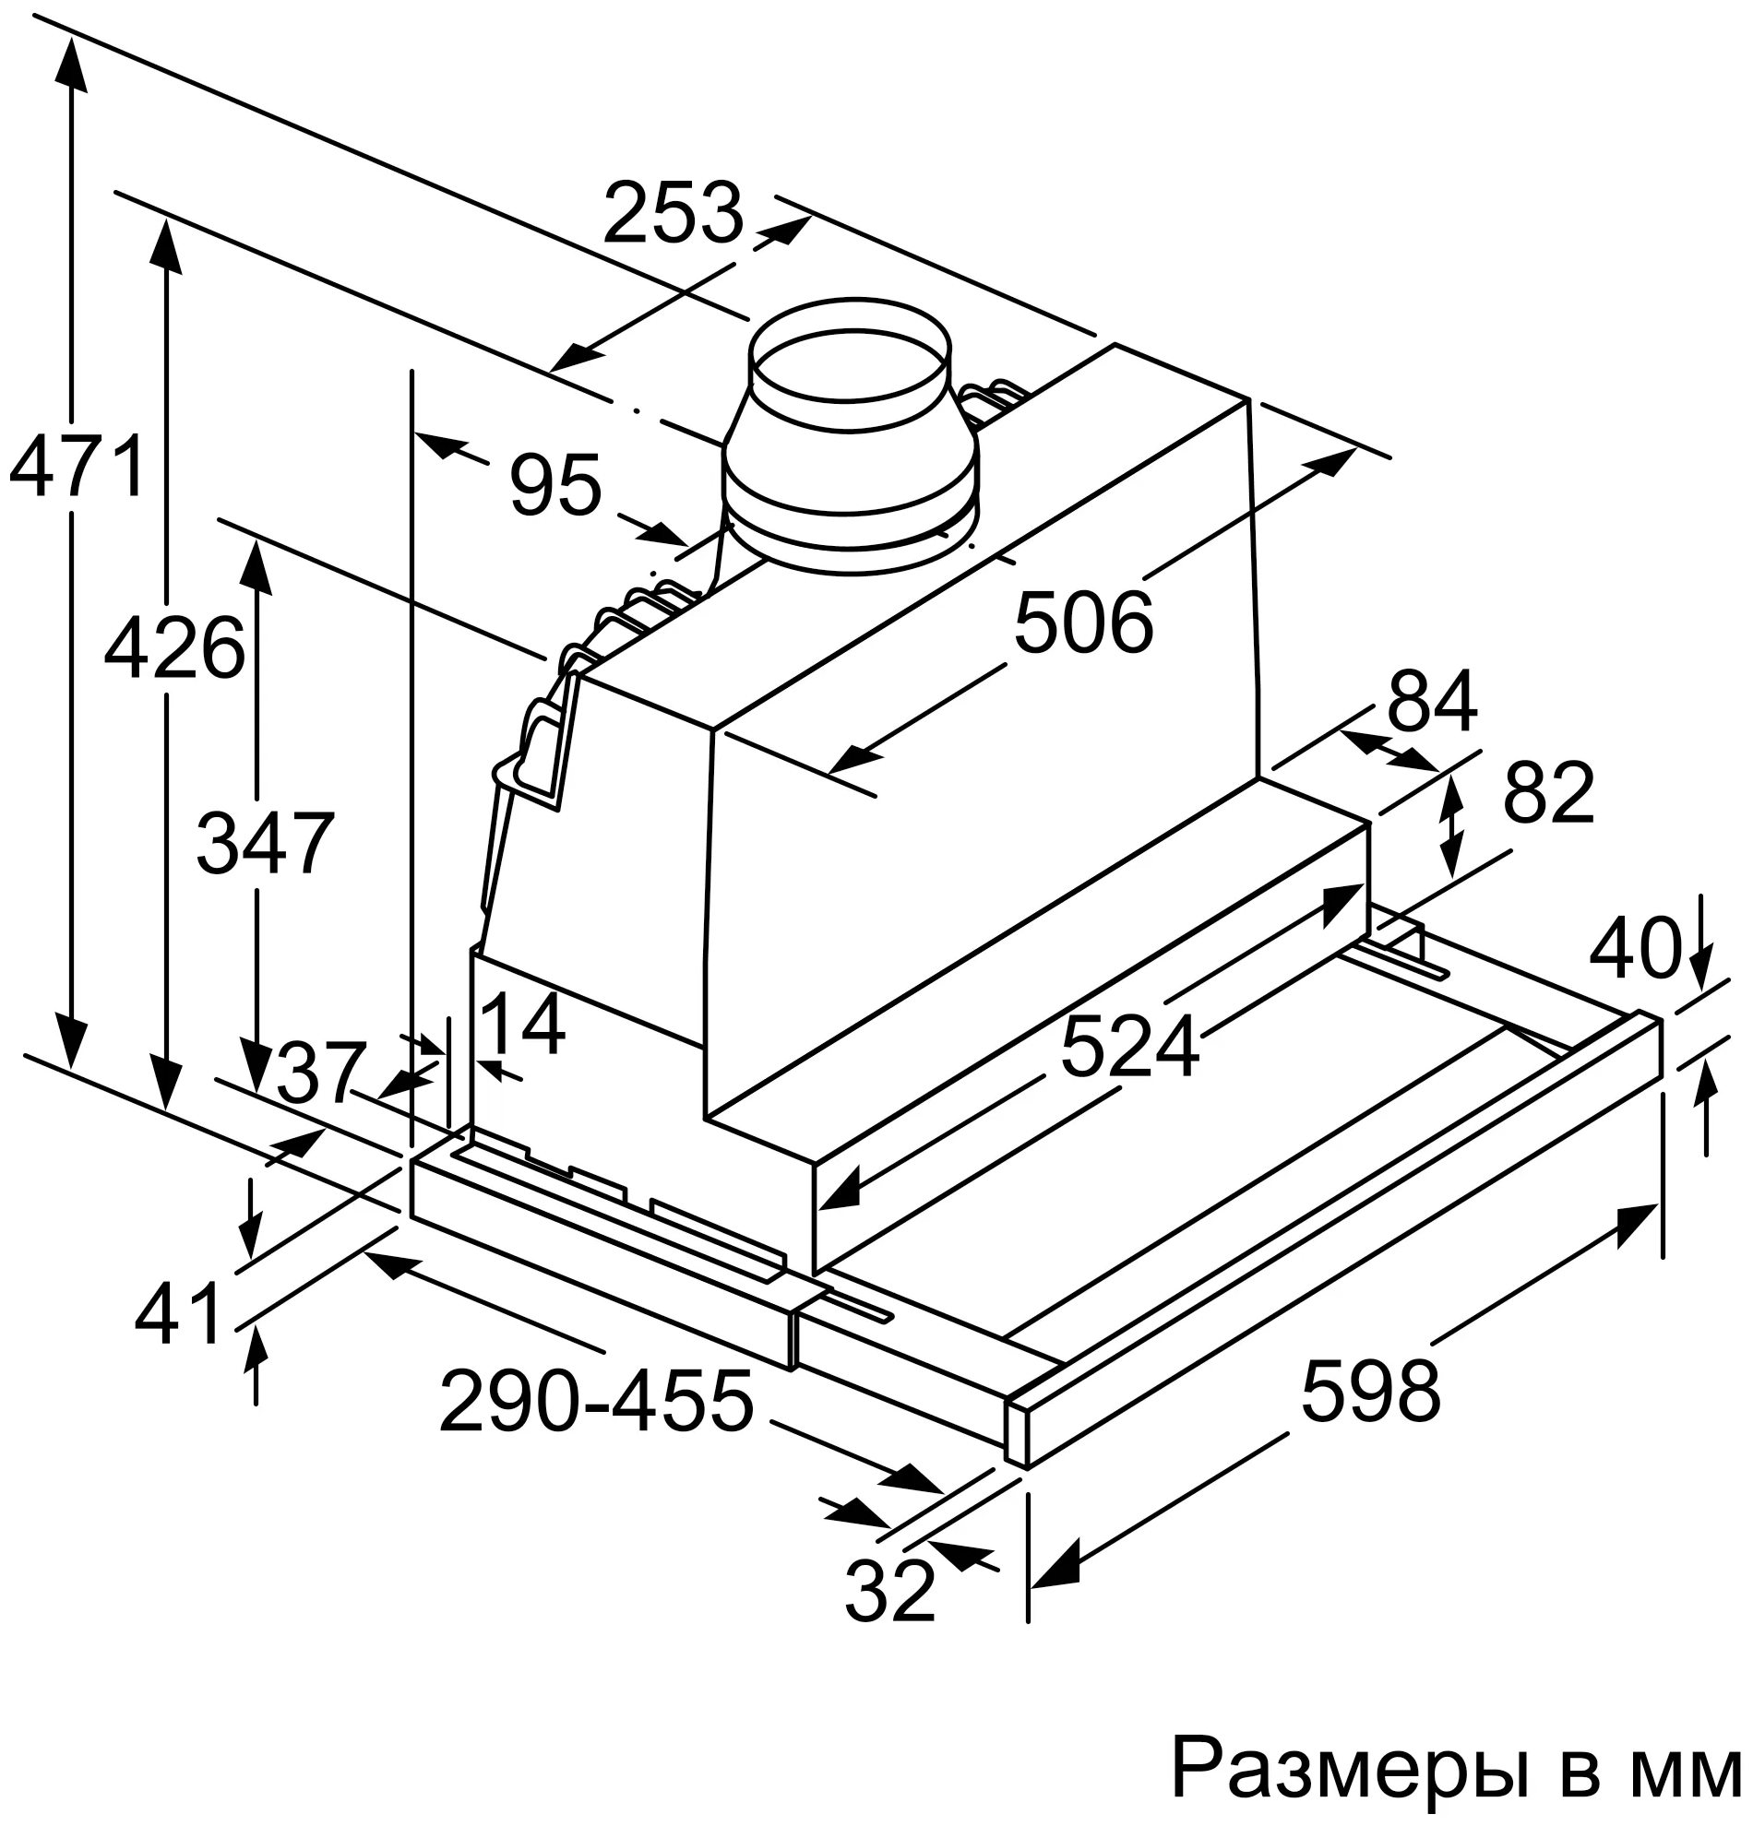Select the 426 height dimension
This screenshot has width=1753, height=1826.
pos(174,647)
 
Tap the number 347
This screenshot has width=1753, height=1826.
pos(265,843)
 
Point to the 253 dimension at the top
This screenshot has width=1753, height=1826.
pos(673,213)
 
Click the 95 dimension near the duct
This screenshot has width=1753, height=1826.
pos(556,484)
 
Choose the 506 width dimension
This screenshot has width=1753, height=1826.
pos(1083,622)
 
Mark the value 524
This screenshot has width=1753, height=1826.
pos(1129,1047)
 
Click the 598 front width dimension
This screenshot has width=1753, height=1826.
pos(1370,1392)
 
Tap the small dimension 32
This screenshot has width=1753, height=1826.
pos(889,1591)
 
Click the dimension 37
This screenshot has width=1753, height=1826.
pos(316,1073)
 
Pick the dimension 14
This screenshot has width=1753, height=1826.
pos(522,1024)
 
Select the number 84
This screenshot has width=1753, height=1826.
pos(1432,703)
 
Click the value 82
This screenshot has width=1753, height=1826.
pos(1548,793)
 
